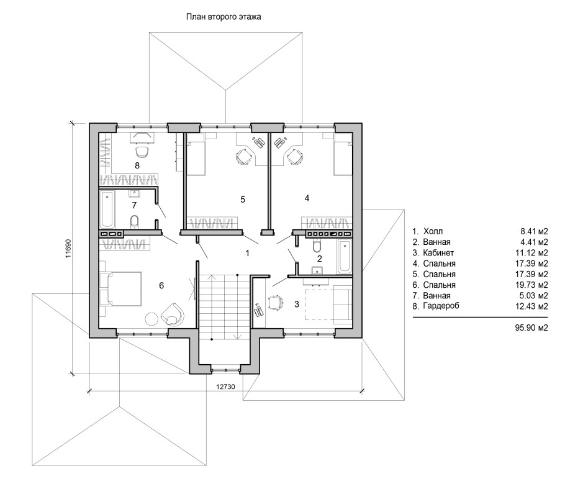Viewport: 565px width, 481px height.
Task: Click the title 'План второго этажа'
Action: (224, 17)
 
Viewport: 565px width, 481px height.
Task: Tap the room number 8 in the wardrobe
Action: (137, 166)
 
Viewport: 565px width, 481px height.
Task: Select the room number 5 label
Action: (243, 199)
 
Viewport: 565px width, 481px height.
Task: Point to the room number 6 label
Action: (161, 286)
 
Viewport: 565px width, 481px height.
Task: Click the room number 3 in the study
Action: (297, 305)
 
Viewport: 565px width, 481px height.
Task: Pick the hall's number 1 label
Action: (247, 254)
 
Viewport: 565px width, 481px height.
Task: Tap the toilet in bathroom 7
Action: (134, 222)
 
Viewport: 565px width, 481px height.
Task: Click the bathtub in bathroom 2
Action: (345, 257)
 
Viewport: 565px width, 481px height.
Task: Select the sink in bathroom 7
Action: (134, 194)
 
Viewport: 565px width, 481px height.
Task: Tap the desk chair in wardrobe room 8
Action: (142, 152)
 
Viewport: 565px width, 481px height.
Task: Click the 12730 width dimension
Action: (225, 387)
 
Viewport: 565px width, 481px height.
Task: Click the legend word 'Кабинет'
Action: (438, 253)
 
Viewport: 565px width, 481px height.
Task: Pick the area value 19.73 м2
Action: (531, 285)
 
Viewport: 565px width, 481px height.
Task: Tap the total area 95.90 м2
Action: (531, 328)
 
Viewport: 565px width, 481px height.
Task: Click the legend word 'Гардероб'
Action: (441, 306)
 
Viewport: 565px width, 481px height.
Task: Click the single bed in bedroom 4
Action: (343, 154)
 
